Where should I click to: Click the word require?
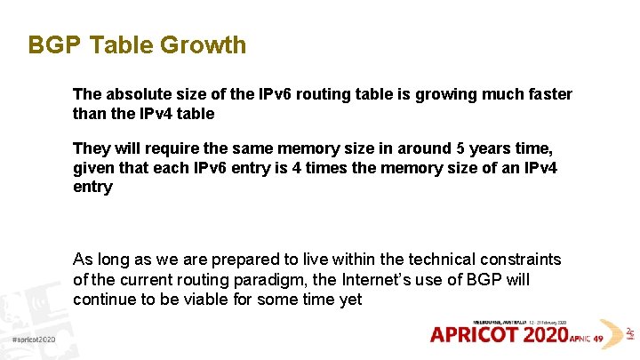[x=174, y=148]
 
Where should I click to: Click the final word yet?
[x=350, y=300]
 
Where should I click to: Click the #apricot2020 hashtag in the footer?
[x=34, y=340]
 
